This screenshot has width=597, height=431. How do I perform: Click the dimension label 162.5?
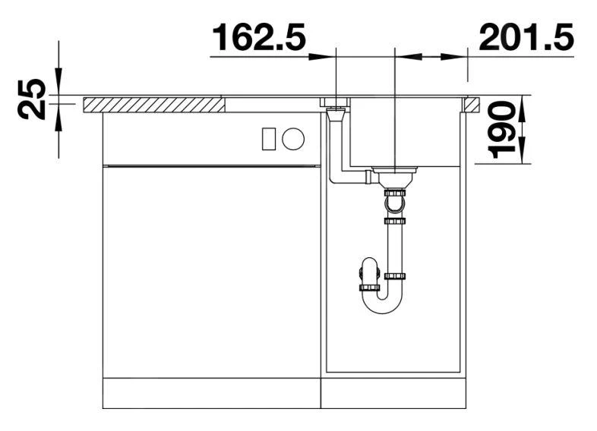[x=258, y=37]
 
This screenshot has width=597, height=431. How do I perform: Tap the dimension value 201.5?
[x=526, y=37]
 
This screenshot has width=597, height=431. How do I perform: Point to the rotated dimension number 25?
[x=32, y=99]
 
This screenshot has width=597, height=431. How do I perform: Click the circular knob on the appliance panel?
[x=293, y=138]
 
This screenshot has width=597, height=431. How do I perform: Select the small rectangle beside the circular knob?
[x=268, y=138]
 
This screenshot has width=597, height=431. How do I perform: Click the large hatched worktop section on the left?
[x=154, y=105]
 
